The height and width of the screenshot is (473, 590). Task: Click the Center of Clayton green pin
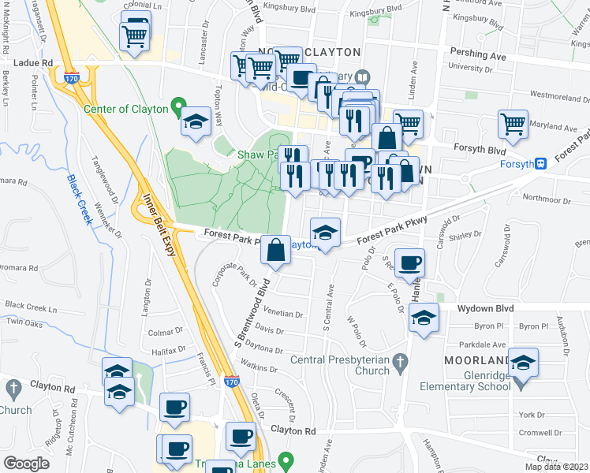(x=179, y=108)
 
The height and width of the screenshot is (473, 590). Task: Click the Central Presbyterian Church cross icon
(x=400, y=362)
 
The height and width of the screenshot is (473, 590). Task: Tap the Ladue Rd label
(x=32, y=61)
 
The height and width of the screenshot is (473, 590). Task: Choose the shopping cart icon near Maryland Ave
(x=513, y=125)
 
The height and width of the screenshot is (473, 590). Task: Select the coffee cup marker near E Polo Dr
(x=409, y=263)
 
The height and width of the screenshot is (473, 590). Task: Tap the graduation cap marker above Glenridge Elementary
(x=524, y=363)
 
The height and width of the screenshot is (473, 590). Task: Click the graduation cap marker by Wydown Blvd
(x=424, y=318)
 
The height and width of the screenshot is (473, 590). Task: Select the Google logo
(x=26, y=464)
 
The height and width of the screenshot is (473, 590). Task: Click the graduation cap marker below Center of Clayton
(x=193, y=123)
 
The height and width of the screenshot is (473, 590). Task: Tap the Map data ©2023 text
(x=557, y=467)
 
